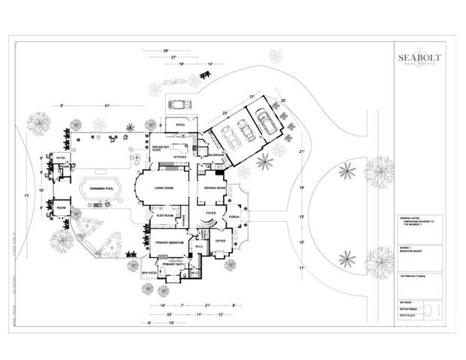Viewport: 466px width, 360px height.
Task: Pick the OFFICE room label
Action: click(221, 241)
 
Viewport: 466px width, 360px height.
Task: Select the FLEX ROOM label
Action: click(165, 215)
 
